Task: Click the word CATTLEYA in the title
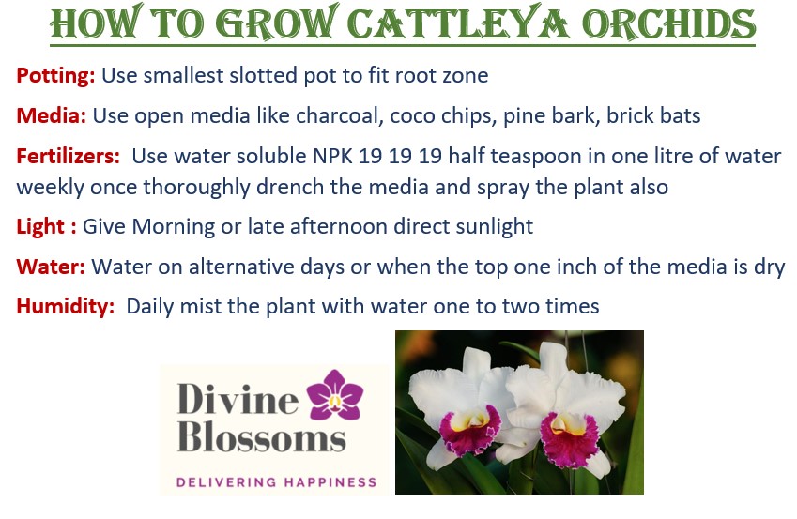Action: pyautogui.click(x=458, y=23)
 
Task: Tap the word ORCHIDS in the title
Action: pyautogui.click(x=669, y=23)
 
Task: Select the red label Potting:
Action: pyautogui.click(x=56, y=76)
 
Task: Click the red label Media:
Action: pyautogui.click(x=52, y=115)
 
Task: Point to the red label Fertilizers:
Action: pyautogui.click(x=69, y=156)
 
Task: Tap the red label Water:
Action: pyautogui.click(x=51, y=267)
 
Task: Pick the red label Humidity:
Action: pyautogui.click(x=66, y=307)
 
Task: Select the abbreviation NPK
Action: pyautogui.click(x=332, y=156)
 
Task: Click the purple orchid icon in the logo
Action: pyautogui.click(x=335, y=394)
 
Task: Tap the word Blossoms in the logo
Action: pyautogui.click(x=262, y=436)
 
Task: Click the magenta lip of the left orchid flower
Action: pyautogui.click(x=469, y=432)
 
